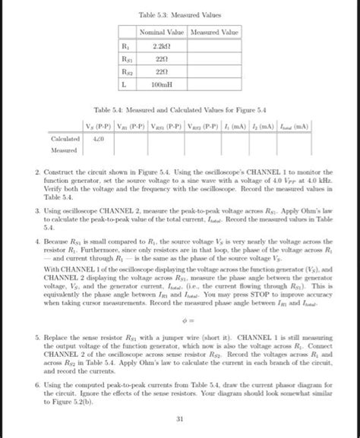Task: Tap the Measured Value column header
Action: click(x=213, y=33)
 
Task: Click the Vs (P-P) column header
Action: click(x=96, y=126)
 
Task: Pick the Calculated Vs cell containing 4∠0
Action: click(x=97, y=139)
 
